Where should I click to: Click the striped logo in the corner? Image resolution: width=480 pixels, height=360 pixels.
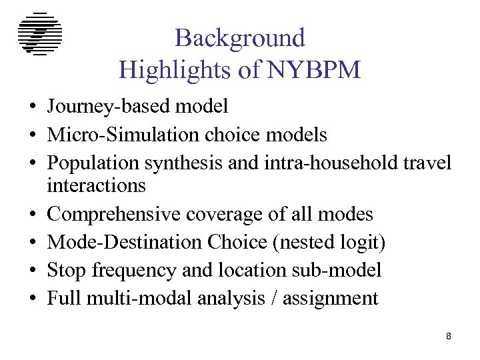(x=40, y=34)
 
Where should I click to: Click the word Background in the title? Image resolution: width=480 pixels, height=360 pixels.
(x=240, y=38)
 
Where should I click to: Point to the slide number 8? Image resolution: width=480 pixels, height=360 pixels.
(x=449, y=337)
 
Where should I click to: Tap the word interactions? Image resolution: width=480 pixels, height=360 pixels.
(x=96, y=185)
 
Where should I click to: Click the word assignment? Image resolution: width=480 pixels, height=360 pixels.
(x=330, y=299)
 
